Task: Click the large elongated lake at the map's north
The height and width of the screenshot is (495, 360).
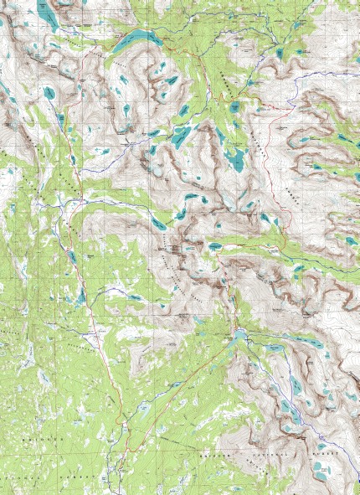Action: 138,39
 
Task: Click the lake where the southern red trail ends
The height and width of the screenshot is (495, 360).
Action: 239,335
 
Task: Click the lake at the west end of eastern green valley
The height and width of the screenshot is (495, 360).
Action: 215,246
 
